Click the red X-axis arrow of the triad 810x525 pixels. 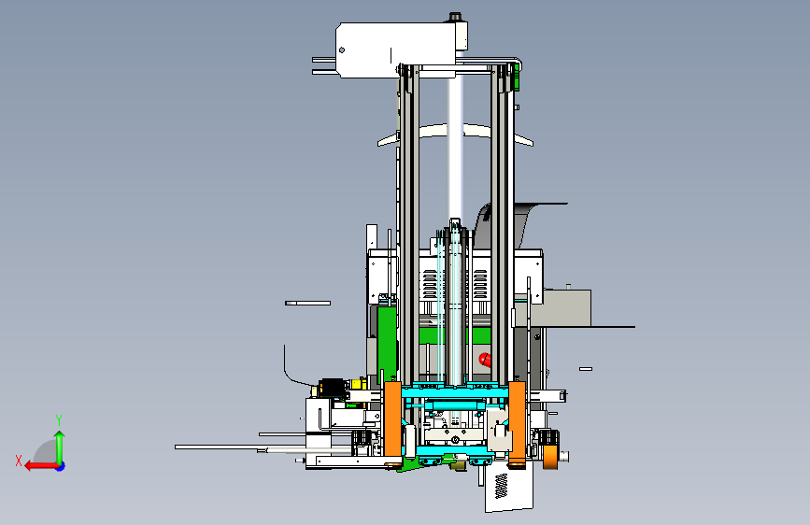pyautogui.click(x=41, y=466)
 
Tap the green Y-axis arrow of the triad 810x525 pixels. pyautogui.click(x=60, y=447)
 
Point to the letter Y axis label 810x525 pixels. pyautogui.click(x=59, y=420)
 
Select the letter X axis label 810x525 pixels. pyautogui.click(x=19, y=461)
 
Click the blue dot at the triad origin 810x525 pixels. pyautogui.click(x=61, y=466)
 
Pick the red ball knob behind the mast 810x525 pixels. pyautogui.click(x=485, y=360)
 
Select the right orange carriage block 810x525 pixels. pyautogui.click(x=517, y=421)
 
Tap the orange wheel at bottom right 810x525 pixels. pyautogui.click(x=550, y=457)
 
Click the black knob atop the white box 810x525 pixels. pyautogui.click(x=455, y=17)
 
